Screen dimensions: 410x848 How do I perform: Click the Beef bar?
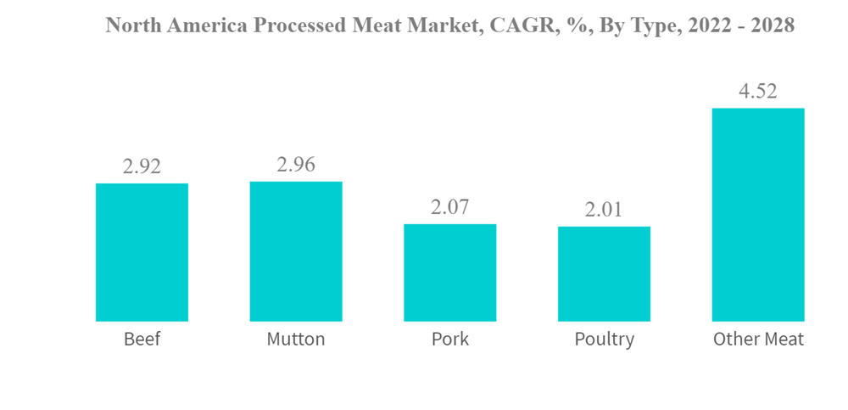point(142,252)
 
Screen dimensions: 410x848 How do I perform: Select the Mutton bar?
point(296,251)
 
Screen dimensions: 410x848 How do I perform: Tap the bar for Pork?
point(449,272)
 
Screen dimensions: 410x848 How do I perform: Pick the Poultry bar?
point(604,273)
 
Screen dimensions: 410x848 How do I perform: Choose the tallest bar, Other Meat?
point(758,215)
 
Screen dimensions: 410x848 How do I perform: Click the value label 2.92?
point(142,166)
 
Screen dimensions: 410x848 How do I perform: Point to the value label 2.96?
point(296,165)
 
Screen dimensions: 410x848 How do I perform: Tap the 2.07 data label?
point(449,207)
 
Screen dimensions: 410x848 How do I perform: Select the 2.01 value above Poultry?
point(604,210)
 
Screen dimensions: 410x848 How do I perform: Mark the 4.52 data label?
point(758,92)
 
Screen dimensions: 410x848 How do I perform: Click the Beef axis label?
point(142,340)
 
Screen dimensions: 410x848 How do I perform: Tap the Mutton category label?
point(296,340)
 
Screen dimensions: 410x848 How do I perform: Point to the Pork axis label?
point(449,340)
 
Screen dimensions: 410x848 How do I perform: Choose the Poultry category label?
point(604,340)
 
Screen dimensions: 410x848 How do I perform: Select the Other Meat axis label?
point(758,340)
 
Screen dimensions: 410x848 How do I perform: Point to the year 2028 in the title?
point(770,25)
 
